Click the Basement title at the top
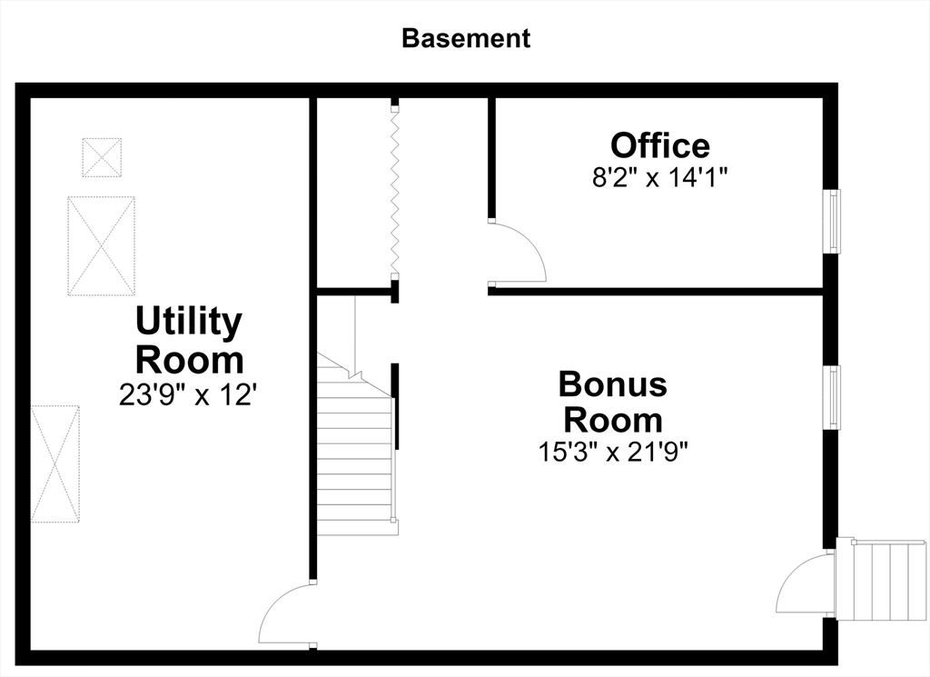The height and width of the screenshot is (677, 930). click(466, 38)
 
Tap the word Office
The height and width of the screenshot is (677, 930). click(660, 145)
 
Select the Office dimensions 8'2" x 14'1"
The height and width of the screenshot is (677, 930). click(660, 177)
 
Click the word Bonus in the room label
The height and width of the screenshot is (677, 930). click(613, 383)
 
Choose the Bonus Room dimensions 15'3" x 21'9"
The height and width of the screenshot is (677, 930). click(613, 453)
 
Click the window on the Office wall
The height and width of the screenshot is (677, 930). click(833, 222)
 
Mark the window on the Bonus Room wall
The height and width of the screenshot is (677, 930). click(833, 397)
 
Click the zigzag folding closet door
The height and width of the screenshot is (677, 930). click(394, 193)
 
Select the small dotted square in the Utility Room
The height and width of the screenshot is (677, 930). click(102, 157)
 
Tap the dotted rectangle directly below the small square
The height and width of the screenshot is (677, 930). click(102, 245)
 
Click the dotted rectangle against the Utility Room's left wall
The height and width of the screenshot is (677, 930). click(55, 464)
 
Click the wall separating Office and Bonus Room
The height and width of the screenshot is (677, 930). click(656, 292)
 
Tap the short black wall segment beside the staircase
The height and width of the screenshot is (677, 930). click(395, 406)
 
